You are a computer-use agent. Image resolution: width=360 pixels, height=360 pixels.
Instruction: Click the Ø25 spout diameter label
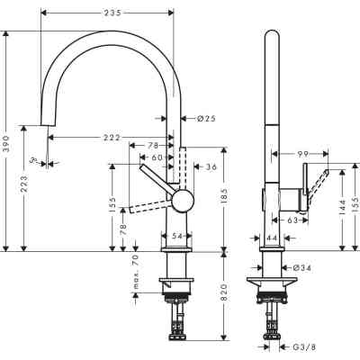[206, 118]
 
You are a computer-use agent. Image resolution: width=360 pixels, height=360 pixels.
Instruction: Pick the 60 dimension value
[158, 157]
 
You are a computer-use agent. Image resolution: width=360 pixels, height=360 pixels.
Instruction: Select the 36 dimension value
[211, 166]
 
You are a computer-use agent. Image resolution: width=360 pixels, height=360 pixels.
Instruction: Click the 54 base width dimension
[177, 235]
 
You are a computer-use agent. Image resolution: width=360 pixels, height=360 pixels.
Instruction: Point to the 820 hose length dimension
[223, 298]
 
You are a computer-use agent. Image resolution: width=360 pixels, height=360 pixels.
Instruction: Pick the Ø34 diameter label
[302, 267]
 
